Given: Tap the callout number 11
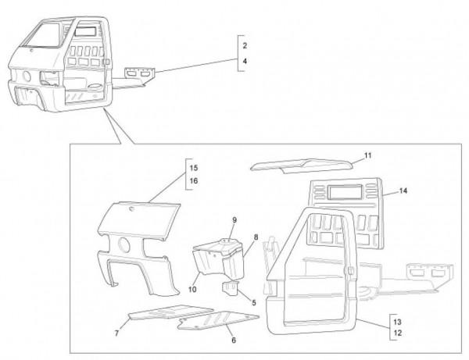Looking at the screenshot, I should coord(367,157).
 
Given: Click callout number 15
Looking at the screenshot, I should coord(193,167).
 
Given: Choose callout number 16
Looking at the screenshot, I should coord(193,180).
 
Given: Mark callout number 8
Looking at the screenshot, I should coord(256,237).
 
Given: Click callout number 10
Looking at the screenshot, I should coord(192,288).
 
